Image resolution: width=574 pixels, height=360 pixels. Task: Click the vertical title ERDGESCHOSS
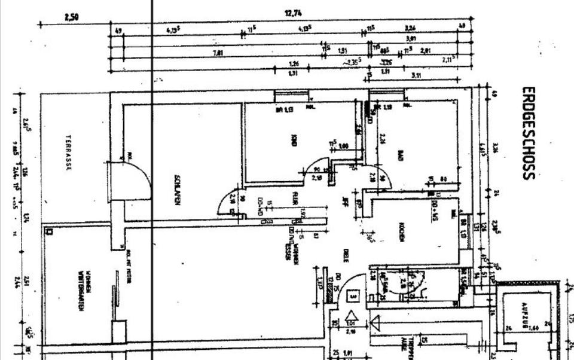click(x=528, y=133)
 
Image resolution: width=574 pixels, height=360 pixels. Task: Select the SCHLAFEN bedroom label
click(x=177, y=190)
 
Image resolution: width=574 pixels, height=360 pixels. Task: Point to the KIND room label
click(x=294, y=140)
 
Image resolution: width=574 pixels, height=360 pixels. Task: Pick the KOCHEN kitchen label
click(x=402, y=231)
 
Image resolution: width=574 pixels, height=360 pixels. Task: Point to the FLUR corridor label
click(x=295, y=197)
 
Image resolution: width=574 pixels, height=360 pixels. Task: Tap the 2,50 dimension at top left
click(x=71, y=17)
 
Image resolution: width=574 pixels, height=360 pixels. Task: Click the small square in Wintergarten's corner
click(x=49, y=231)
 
